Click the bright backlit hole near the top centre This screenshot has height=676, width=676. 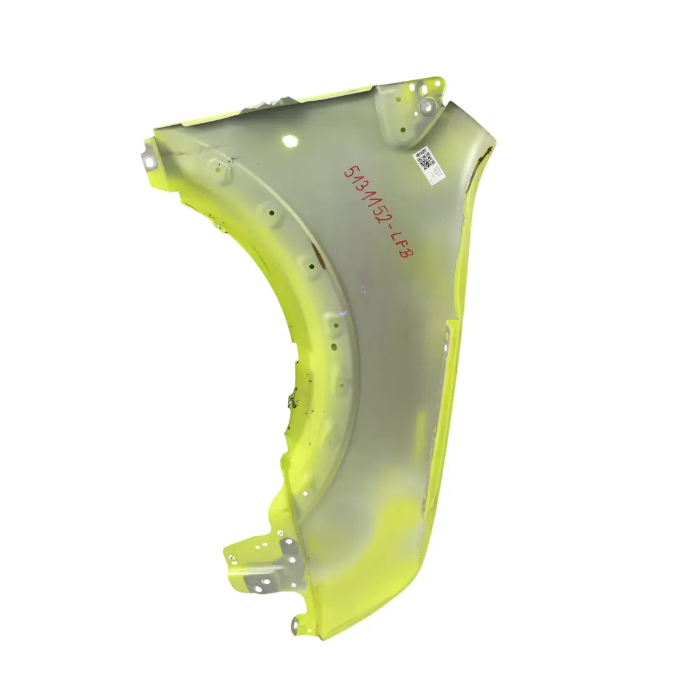pyautogui.click(x=290, y=141)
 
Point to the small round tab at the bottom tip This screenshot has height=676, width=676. pyautogui.click(x=295, y=622)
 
